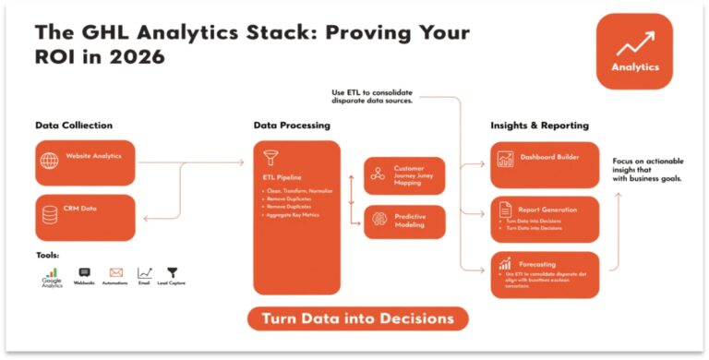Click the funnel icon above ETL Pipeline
coord(270,158)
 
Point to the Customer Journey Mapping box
coord(404,175)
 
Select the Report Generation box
coord(545,218)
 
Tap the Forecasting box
coord(545,273)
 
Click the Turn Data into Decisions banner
coord(357,318)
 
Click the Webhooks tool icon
coord(85,273)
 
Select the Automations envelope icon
coord(116,273)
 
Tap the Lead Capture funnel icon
coord(172,273)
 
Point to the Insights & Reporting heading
coord(539,125)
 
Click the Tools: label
coord(48,255)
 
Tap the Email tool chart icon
coord(144,273)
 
